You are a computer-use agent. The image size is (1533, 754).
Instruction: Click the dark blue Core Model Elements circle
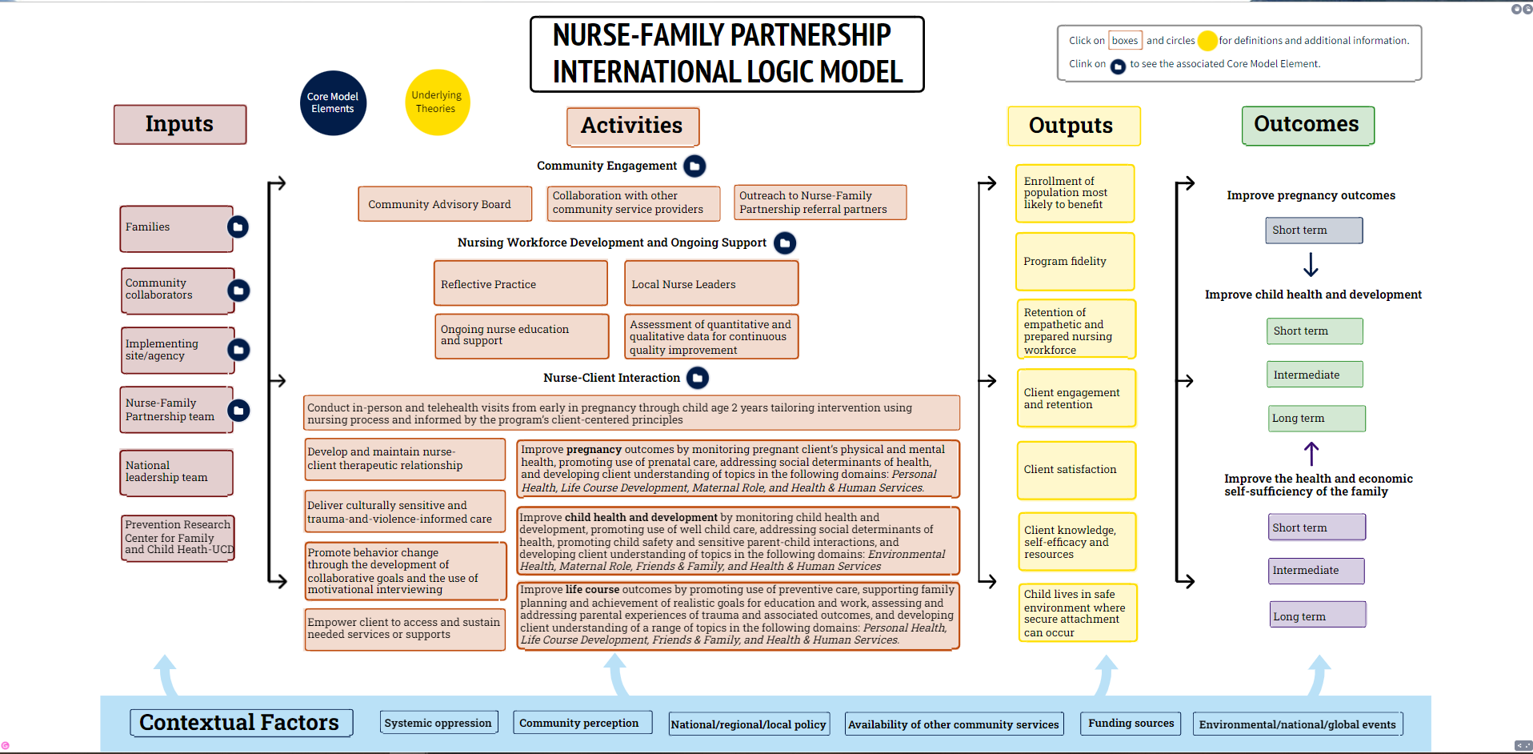pyautogui.click(x=333, y=102)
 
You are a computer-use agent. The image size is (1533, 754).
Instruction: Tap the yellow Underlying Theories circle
pyautogui.click(x=437, y=102)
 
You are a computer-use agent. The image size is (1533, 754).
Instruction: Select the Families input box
pyautogui.click(x=175, y=228)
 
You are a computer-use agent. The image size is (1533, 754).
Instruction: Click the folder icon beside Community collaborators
pyautogui.click(x=238, y=291)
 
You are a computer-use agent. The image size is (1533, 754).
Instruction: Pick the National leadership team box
pyautogui.click(x=176, y=472)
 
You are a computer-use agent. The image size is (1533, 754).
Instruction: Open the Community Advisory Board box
pyautogui.click(x=445, y=204)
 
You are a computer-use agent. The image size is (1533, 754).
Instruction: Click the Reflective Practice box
pyautogui.click(x=520, y=283)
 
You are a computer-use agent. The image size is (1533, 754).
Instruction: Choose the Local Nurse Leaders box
pyautogui.click(x=710, y=283)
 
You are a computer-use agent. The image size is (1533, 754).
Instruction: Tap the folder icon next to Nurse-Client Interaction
pyautogui.click(x=698, y=378)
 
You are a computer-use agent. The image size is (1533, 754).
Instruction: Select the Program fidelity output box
pyautogui.click(x=1075, y=261)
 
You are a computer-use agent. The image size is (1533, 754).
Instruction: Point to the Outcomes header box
pyautogui.click(x=1307, y=125)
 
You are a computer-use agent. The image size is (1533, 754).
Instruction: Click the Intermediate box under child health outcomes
pyautogui.click(x=1315, y=375)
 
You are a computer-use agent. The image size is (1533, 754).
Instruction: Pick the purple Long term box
pyautogui.click(x=1317, y=616)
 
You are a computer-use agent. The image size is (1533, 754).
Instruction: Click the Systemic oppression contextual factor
pyautogui.click(x=438, y=723)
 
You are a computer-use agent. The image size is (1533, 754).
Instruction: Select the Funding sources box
pyautogui.click(x=1131, y=723)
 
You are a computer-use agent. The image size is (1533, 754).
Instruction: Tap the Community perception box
pyautogui.click(x=581, y=723)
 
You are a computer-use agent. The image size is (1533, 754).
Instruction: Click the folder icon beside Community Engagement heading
pyautogui.click(x=694, y=166)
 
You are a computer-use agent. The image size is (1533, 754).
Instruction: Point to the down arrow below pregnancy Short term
pyautogui.click(x=1311, y=264)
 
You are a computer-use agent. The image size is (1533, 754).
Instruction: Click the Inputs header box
pyautogui.click(x=180, y=125)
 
